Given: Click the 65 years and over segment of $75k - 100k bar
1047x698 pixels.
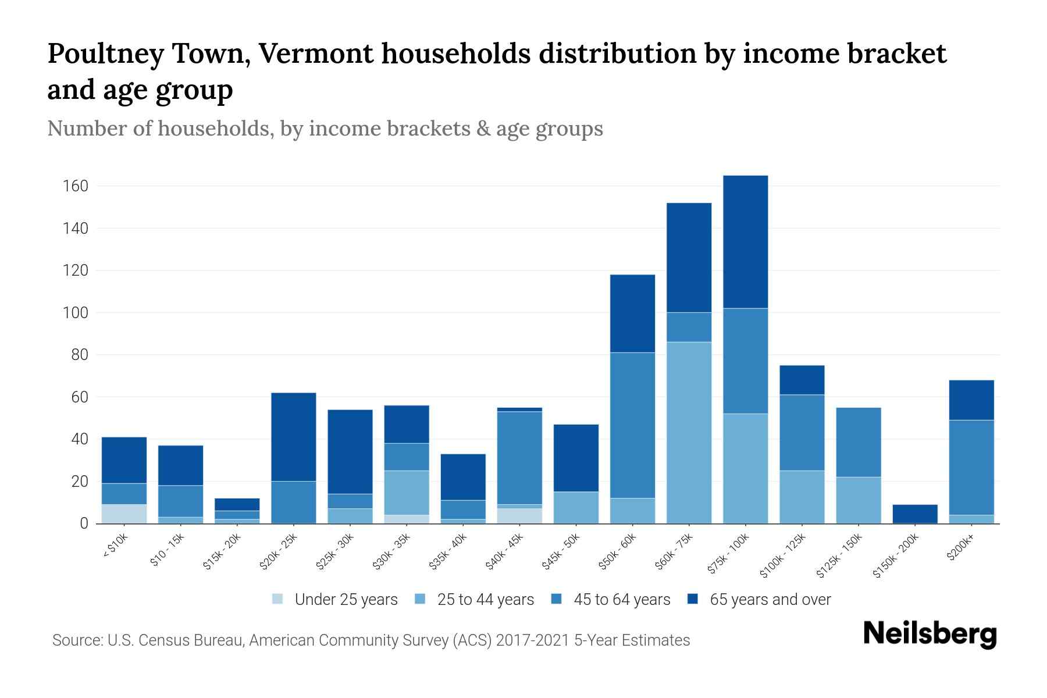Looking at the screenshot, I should (745, 241).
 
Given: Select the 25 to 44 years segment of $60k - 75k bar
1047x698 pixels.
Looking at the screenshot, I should (689, 432).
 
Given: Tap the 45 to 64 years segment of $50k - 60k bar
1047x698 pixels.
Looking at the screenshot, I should (632, 425).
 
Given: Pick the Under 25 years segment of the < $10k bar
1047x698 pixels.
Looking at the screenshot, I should (124, 514).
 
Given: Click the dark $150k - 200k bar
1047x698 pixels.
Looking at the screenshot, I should (914, 514).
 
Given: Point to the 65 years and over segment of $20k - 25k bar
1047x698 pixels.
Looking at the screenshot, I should (293, 436).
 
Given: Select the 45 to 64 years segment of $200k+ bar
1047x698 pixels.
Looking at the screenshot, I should (971, 467).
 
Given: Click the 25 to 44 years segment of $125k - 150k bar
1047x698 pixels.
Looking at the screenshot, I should (858, 500).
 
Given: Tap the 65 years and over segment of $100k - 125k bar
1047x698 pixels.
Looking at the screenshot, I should (802, 380).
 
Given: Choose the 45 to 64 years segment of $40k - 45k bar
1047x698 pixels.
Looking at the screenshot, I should (519, 458).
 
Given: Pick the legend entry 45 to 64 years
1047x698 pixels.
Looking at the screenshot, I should (610, 600).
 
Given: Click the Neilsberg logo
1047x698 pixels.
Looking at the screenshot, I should (930, 634).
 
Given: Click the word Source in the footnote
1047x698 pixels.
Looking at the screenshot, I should (76, 640).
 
